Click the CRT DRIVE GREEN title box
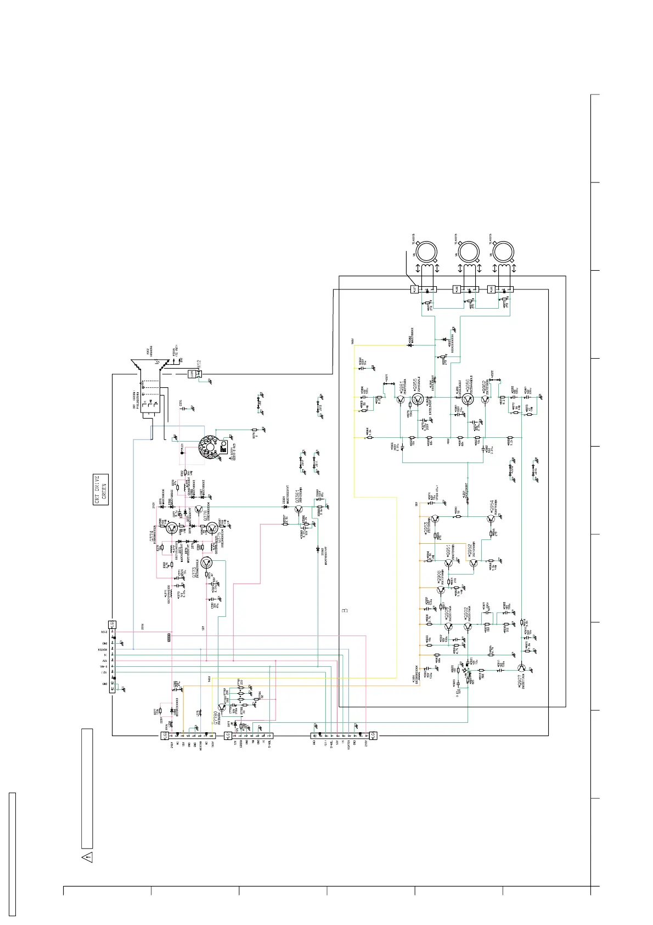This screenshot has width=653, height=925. point(101,489)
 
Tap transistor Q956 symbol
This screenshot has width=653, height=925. point(468,399)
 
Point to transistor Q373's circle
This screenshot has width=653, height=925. point(207,562)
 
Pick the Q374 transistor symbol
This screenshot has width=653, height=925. point(172,529)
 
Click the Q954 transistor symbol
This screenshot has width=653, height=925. point(491,518)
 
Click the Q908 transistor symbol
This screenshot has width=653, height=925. point(441,590)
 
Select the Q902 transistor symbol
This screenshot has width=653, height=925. point(468,626)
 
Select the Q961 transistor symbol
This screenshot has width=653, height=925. point(399,400)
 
